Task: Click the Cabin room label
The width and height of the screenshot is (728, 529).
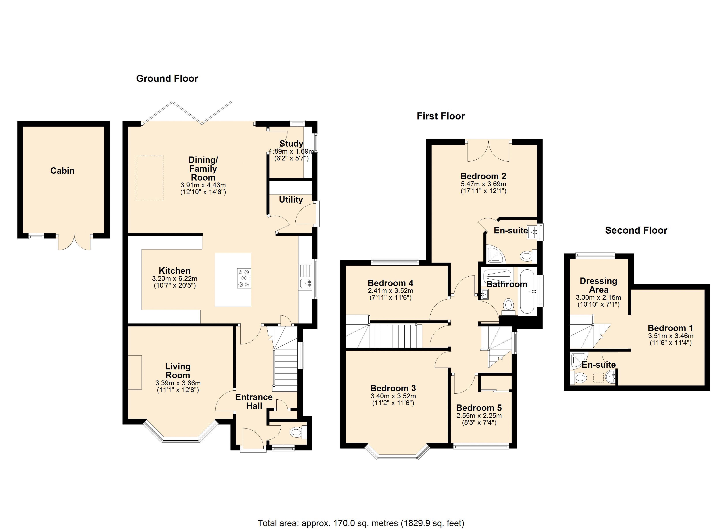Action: (x=62, y=171)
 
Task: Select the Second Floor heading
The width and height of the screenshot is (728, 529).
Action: (x=636, y=230)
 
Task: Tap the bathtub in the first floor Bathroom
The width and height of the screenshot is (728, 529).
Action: (x=527, y=291)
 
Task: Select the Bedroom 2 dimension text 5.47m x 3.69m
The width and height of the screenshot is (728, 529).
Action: (x=483, y=184)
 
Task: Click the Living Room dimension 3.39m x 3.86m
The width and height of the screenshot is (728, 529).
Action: (x=178, y=383)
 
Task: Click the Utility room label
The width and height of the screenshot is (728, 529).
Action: (x=291, y=199)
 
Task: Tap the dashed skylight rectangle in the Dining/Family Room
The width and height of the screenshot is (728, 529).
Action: (x=149, y=178)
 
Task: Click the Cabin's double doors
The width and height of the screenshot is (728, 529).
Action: (x=74, y=242)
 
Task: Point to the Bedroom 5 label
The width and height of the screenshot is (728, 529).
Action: (x=479, y=408)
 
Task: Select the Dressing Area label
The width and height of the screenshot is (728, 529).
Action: (x=598, y=285)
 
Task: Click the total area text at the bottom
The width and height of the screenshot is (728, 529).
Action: (x=361, y=523)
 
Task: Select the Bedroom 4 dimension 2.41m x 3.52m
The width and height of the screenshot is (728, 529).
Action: (x=390, y=291)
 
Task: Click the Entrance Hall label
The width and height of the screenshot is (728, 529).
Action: (x=254, y=401)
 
